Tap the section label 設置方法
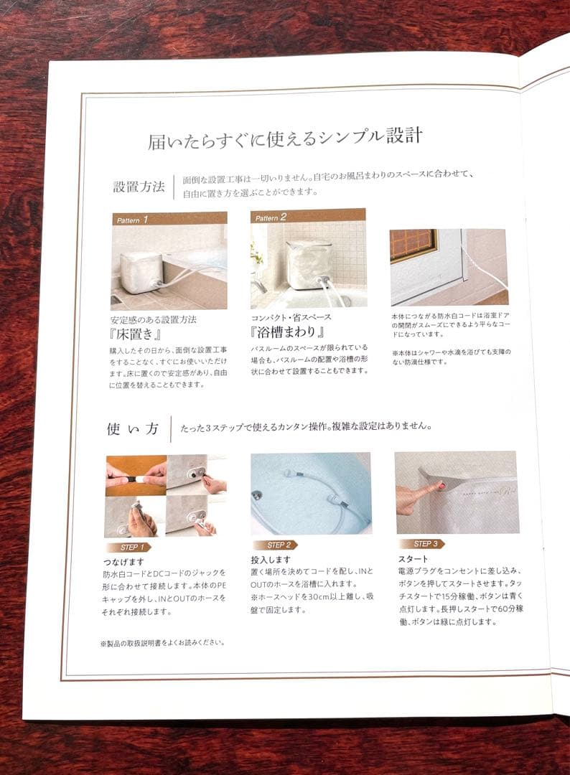pos(139,187)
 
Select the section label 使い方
pos(133,428)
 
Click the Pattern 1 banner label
pos(132,220)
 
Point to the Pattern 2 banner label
pos(271,217)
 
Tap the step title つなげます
pos(123,562)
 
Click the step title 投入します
pos(271,560)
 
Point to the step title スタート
pos(414,558)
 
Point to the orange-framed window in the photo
pos(414,245)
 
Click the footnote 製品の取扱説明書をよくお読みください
pos(163,643)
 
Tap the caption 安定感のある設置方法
pos(153,320)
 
